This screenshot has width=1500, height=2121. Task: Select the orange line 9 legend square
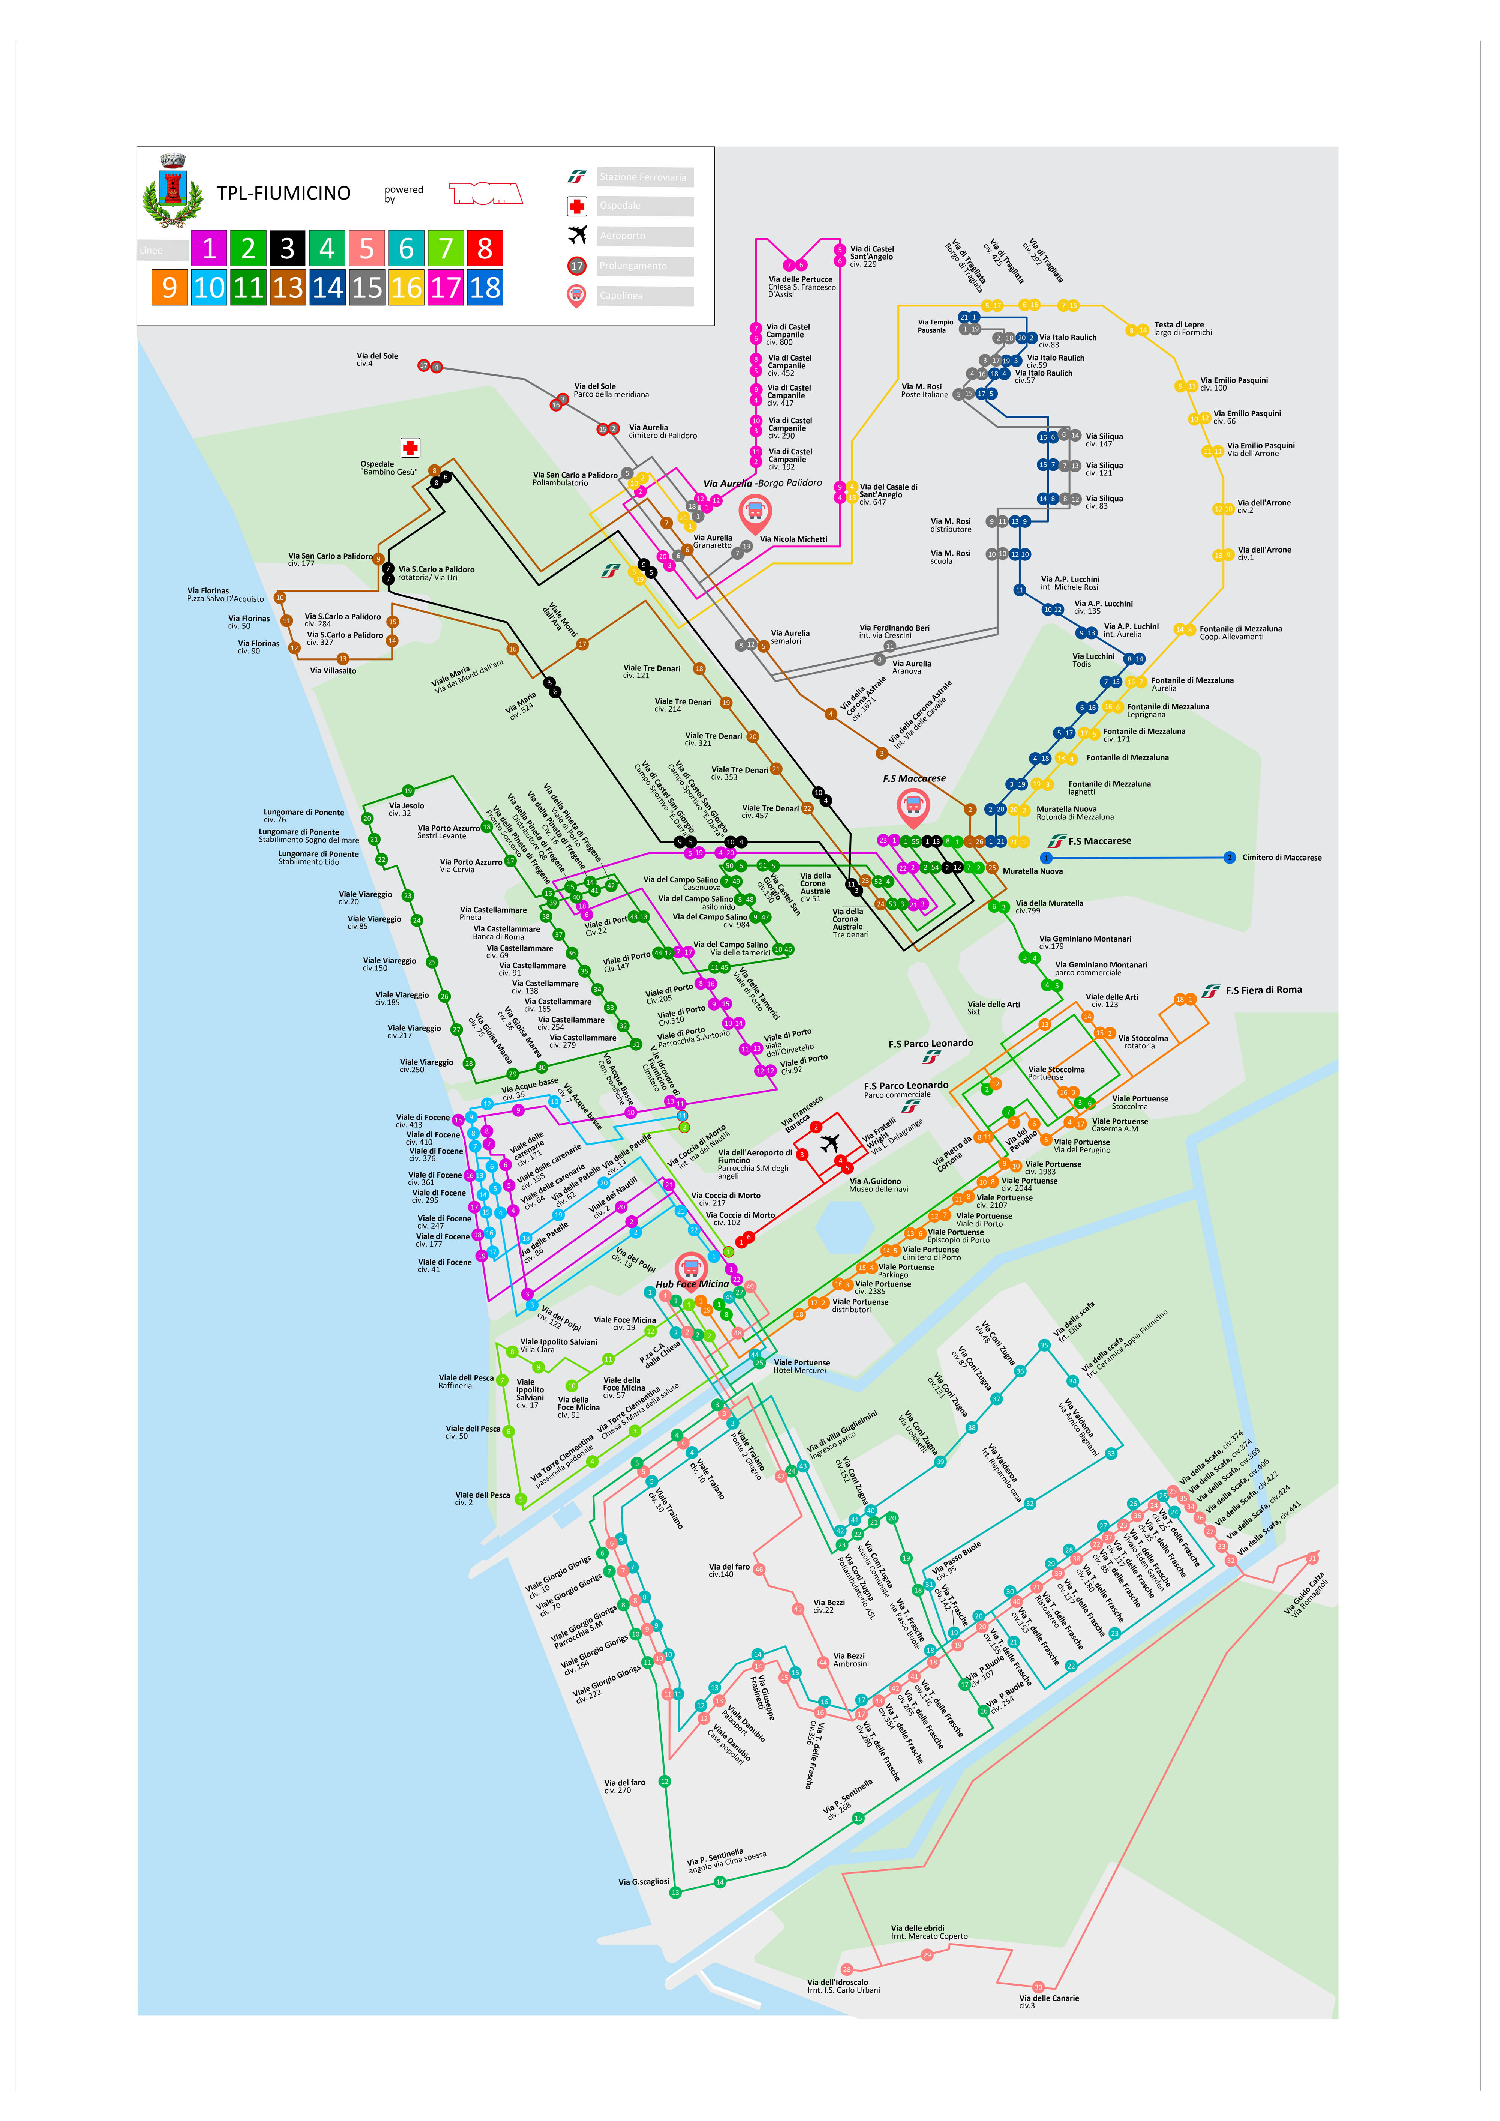coord(169,287)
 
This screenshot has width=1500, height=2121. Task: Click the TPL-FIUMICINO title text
coord(283,193)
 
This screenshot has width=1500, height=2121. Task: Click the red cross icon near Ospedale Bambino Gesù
coord(410,448)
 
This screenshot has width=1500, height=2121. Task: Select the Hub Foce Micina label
coord(692,1284)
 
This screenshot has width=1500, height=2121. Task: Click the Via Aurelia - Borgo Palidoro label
coord(762,483)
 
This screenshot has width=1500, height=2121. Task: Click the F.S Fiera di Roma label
coord(1263,990)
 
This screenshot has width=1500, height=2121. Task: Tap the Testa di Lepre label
coord(1179,325)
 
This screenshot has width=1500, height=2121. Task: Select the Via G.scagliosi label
coord(644,1882)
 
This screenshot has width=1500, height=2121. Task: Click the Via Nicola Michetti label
coord(793,539)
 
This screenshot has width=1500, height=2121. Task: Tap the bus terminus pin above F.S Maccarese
coord(913,807)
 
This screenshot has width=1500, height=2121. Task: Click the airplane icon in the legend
coord(577,234)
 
